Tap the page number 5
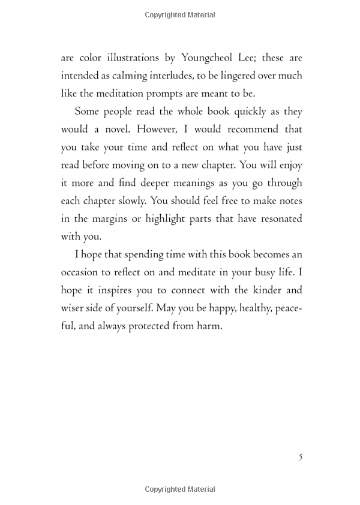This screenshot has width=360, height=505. pos(300,457)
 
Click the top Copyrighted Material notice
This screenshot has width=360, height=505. pos(180,14)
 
